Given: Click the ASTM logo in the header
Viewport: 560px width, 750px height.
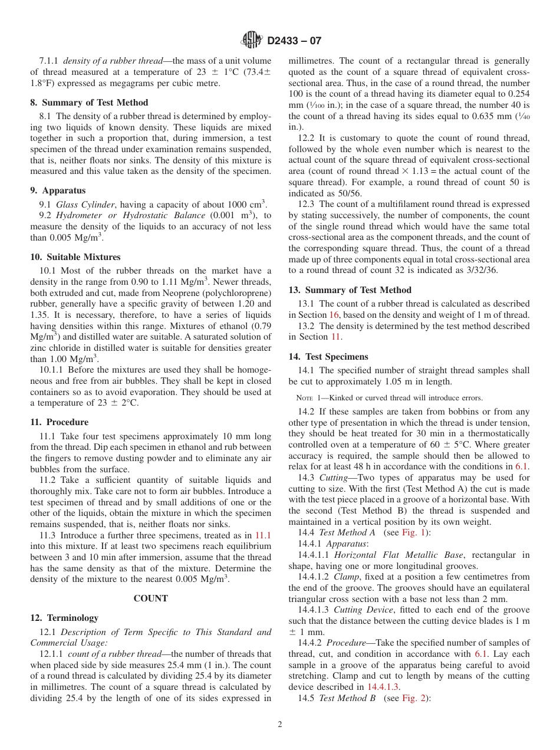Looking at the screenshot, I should tap(252, 41).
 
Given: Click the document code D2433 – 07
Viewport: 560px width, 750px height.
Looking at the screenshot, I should tap(294, 41).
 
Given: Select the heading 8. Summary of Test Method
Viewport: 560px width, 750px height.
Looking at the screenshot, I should tap(89, 102).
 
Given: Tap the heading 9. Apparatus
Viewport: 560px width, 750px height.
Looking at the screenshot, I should tap(58, 190).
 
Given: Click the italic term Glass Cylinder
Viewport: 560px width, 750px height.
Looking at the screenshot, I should tap(85, 205).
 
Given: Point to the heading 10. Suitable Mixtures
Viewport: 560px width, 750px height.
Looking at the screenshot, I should tap(75, 257).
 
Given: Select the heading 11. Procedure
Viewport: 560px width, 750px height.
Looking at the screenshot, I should tap(59, 422).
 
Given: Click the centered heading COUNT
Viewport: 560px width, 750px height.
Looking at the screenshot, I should tap(150, 598).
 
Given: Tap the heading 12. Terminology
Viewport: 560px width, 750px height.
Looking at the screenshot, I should tap(64, 618).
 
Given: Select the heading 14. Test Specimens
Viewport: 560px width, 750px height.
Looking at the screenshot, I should tap(328, 357).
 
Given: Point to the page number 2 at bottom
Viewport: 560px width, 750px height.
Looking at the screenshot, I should tap(280, 725).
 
